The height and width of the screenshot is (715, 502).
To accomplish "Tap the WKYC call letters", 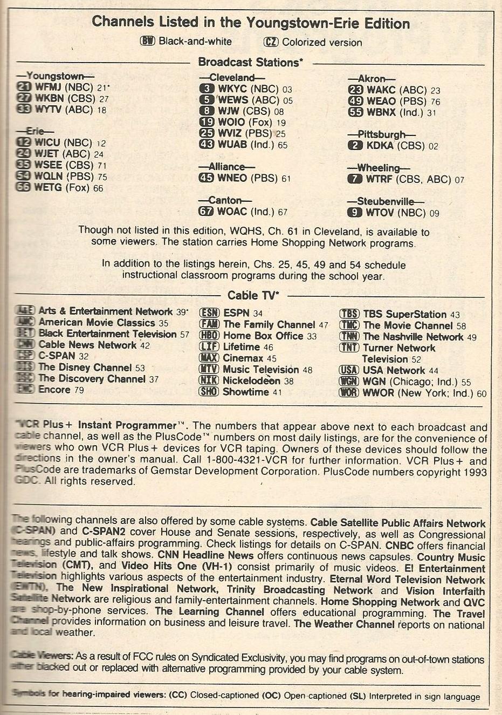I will [233, 89].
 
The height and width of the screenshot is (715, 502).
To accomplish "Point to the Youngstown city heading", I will [56, 76].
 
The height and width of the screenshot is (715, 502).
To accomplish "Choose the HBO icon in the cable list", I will [209, 336].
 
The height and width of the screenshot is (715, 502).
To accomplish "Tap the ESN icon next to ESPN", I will [209, 313].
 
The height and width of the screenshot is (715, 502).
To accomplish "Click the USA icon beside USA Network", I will [349, 370].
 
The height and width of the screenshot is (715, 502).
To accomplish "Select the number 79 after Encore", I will [79, 390].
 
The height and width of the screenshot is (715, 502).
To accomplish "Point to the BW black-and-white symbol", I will [147, 42].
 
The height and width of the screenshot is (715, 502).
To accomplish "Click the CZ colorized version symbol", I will [271, 42].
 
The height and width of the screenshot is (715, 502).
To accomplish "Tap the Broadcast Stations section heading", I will [250, 63].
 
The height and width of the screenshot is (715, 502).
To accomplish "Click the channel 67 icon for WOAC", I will [206, 212].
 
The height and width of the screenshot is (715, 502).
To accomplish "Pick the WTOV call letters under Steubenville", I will [379, 213].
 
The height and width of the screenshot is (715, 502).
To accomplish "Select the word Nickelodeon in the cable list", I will [251, 381].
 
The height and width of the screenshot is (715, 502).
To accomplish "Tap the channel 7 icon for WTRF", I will [354, 179].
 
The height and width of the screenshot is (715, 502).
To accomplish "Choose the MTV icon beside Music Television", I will [209, 370].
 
